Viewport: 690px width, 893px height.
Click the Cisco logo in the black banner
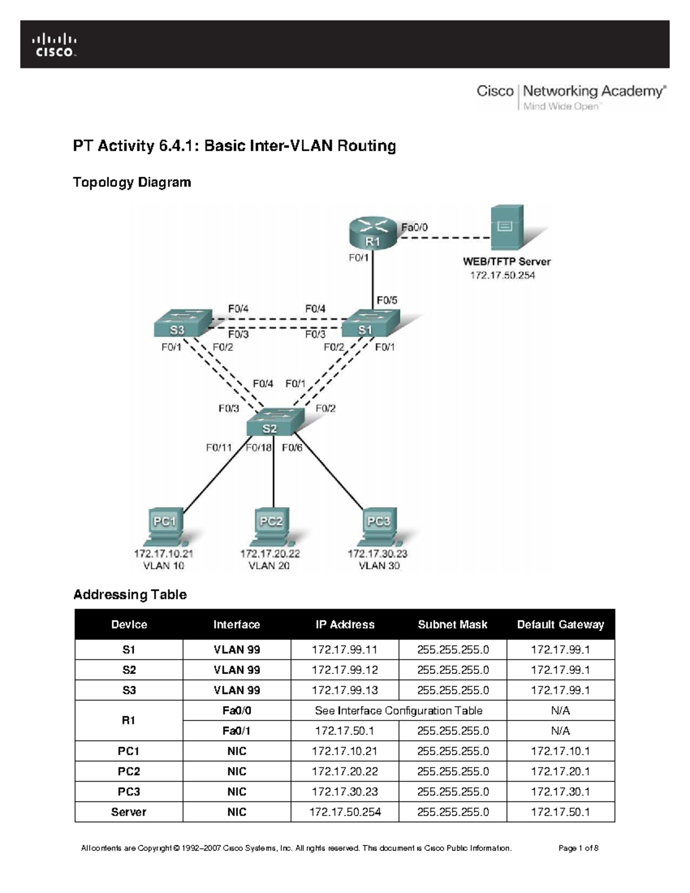[54, 45]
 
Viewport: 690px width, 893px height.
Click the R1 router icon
[373, 235]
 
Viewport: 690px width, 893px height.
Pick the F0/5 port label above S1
[386, 300]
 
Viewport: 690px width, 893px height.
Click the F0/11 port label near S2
[218, 448]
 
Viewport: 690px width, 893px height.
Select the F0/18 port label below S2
[259, 448]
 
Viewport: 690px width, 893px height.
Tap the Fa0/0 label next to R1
[414, 227]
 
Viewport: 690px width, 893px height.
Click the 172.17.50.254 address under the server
[503, 275]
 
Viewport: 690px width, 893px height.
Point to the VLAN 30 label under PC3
[379, 566]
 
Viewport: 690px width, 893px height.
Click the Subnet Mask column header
[453, 624]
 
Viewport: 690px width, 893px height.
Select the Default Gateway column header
[560, 624]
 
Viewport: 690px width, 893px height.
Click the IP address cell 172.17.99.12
[344, 670]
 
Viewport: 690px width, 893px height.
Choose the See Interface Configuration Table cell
[398, 711]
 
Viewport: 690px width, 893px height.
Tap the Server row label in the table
[129, 812]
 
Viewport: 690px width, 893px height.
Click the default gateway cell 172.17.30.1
[560, 792]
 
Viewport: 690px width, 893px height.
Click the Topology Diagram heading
[132, 182]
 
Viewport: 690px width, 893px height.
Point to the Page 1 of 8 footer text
[578, 848]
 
